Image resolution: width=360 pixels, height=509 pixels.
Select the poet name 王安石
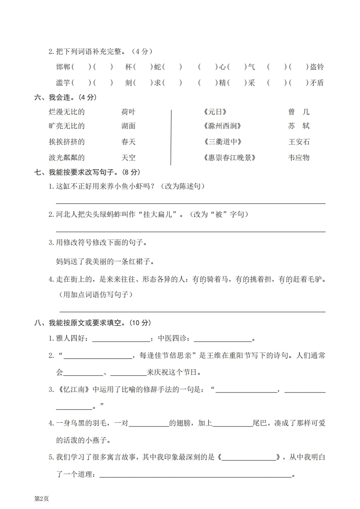point(299,142)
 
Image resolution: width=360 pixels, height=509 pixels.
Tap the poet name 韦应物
point(299,158)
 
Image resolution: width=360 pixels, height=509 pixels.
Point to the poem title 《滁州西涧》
point(222,126)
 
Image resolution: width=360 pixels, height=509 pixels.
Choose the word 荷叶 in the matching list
point(128,112)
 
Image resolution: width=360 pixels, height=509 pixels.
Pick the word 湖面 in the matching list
point(128,126)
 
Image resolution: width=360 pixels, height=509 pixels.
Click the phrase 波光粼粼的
point(67,158)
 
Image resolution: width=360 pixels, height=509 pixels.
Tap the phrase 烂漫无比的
point(67,112)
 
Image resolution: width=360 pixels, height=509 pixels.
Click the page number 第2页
point(41,498)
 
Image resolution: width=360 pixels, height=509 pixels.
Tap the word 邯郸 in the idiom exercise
point(63,67)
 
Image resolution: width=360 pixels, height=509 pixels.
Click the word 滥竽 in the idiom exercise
point(63,83)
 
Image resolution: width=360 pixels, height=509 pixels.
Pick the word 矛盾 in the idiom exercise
point(316,83)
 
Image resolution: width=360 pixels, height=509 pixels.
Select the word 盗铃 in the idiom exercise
point(316,67)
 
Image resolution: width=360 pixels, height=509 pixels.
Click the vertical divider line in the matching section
point(171,136)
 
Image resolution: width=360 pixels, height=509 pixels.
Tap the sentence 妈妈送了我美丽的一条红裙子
point(105,261)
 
